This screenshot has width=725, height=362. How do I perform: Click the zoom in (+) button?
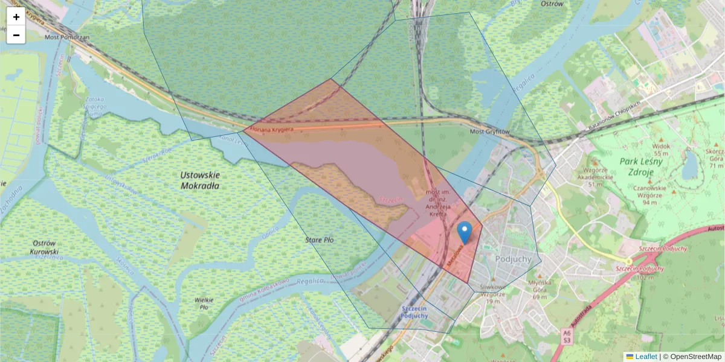click(16, 17)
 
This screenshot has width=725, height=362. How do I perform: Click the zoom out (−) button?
click(16, 35)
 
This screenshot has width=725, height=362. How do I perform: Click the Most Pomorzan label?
click(67, 37)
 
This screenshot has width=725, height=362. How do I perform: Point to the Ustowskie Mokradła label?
click(200, 180)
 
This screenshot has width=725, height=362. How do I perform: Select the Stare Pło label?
click(319, 240)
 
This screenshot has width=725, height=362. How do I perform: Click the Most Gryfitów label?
click(489, 132)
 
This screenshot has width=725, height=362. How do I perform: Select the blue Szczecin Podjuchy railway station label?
click(414, 311)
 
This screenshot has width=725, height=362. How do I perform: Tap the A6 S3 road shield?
click(566, 336)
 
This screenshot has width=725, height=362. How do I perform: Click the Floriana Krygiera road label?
click(272, 129)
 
